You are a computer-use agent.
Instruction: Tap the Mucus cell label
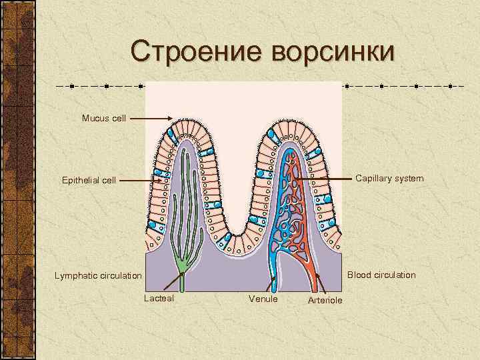(104, 118)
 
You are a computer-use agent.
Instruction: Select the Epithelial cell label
(89, 180)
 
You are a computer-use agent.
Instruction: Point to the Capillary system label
(389, 179)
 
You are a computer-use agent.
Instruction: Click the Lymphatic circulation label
(98, 275)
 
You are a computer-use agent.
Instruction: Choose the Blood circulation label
(381, 275)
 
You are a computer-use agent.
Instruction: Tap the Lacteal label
(159, 298)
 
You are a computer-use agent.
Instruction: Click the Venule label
(263, 299)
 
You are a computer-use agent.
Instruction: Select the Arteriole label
(325, 300)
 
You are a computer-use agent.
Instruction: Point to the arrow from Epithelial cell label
(141, 180)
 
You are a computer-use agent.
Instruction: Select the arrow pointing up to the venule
(273, 283)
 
